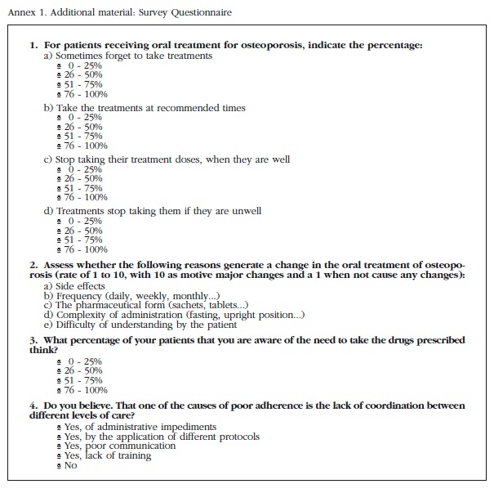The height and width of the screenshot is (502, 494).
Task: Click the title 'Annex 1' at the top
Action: pyautogui.click(x=23, y=11)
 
